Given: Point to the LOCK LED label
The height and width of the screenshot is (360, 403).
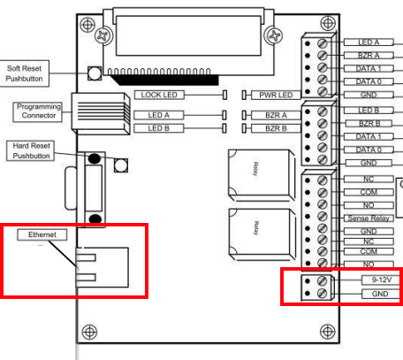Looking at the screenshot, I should point(159,93).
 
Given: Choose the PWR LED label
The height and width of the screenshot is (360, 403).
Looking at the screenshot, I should point(275,93).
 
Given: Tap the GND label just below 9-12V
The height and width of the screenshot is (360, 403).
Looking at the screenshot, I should point(375,293).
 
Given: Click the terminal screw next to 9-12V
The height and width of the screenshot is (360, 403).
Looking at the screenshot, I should point(323,280).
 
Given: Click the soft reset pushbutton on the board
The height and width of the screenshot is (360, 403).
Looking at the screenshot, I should point(93,73).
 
